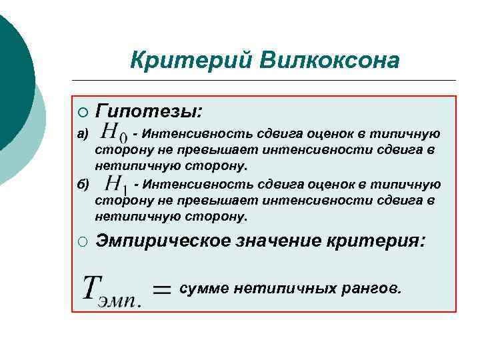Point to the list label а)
point(82,134)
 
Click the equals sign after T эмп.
point(162,288)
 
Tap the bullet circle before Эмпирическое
point(81,241)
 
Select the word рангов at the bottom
point(367,289)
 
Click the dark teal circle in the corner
point(10,73)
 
